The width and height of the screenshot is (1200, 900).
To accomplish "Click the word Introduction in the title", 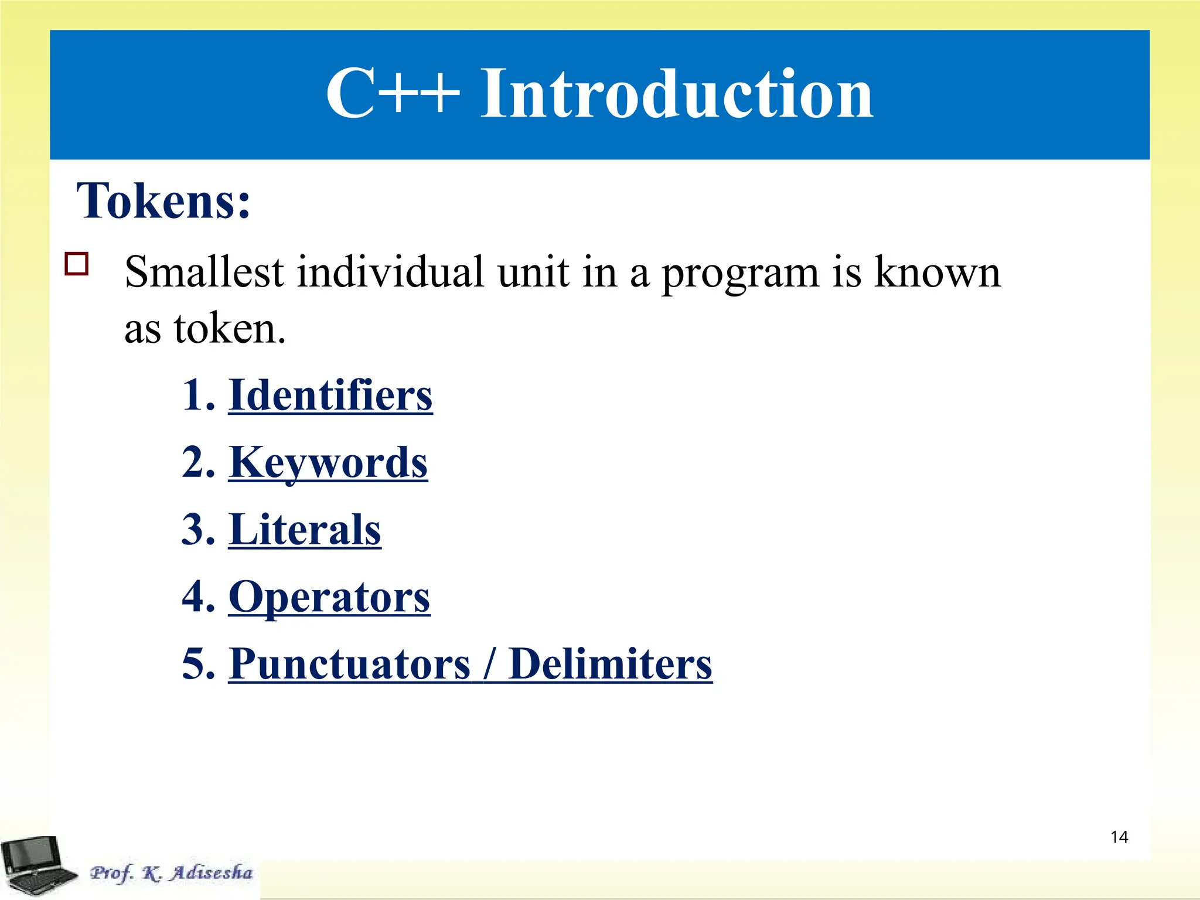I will coord(677,94).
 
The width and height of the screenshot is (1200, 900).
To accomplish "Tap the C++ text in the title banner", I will coord(392,94).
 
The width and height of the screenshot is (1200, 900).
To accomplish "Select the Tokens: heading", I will coord(163,201).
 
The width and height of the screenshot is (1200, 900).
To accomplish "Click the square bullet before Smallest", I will coord(77,264).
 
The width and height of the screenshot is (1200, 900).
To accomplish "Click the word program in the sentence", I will coord(739,273).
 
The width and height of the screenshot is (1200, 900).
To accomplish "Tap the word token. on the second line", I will coord(229,329).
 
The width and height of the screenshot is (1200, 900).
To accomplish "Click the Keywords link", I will coord(328,462).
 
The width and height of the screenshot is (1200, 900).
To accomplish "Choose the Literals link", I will coord(305,530).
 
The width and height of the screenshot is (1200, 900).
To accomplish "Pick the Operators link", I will coord(329,597).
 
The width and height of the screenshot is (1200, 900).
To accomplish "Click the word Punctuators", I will coord(350,664).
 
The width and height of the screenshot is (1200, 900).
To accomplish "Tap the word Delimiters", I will coord(610,664).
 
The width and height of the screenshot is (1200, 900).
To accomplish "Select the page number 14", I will coord(1119,837).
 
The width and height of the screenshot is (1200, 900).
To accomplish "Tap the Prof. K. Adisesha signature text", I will coord(171,873).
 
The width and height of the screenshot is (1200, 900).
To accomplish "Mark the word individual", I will coord(391,272).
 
